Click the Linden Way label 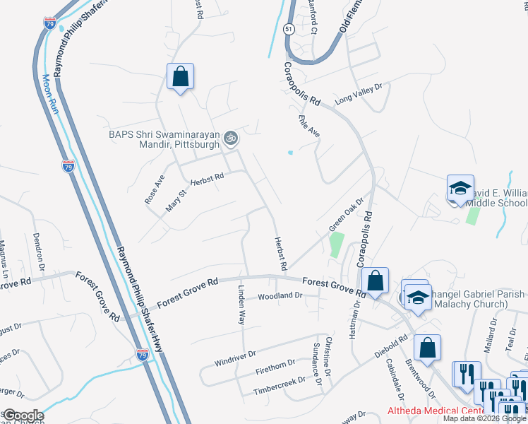point(241,305)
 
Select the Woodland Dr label point(280,296)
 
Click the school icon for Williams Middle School point(460,188)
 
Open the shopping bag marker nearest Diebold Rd point(427,348)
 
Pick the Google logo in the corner point(23,416)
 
